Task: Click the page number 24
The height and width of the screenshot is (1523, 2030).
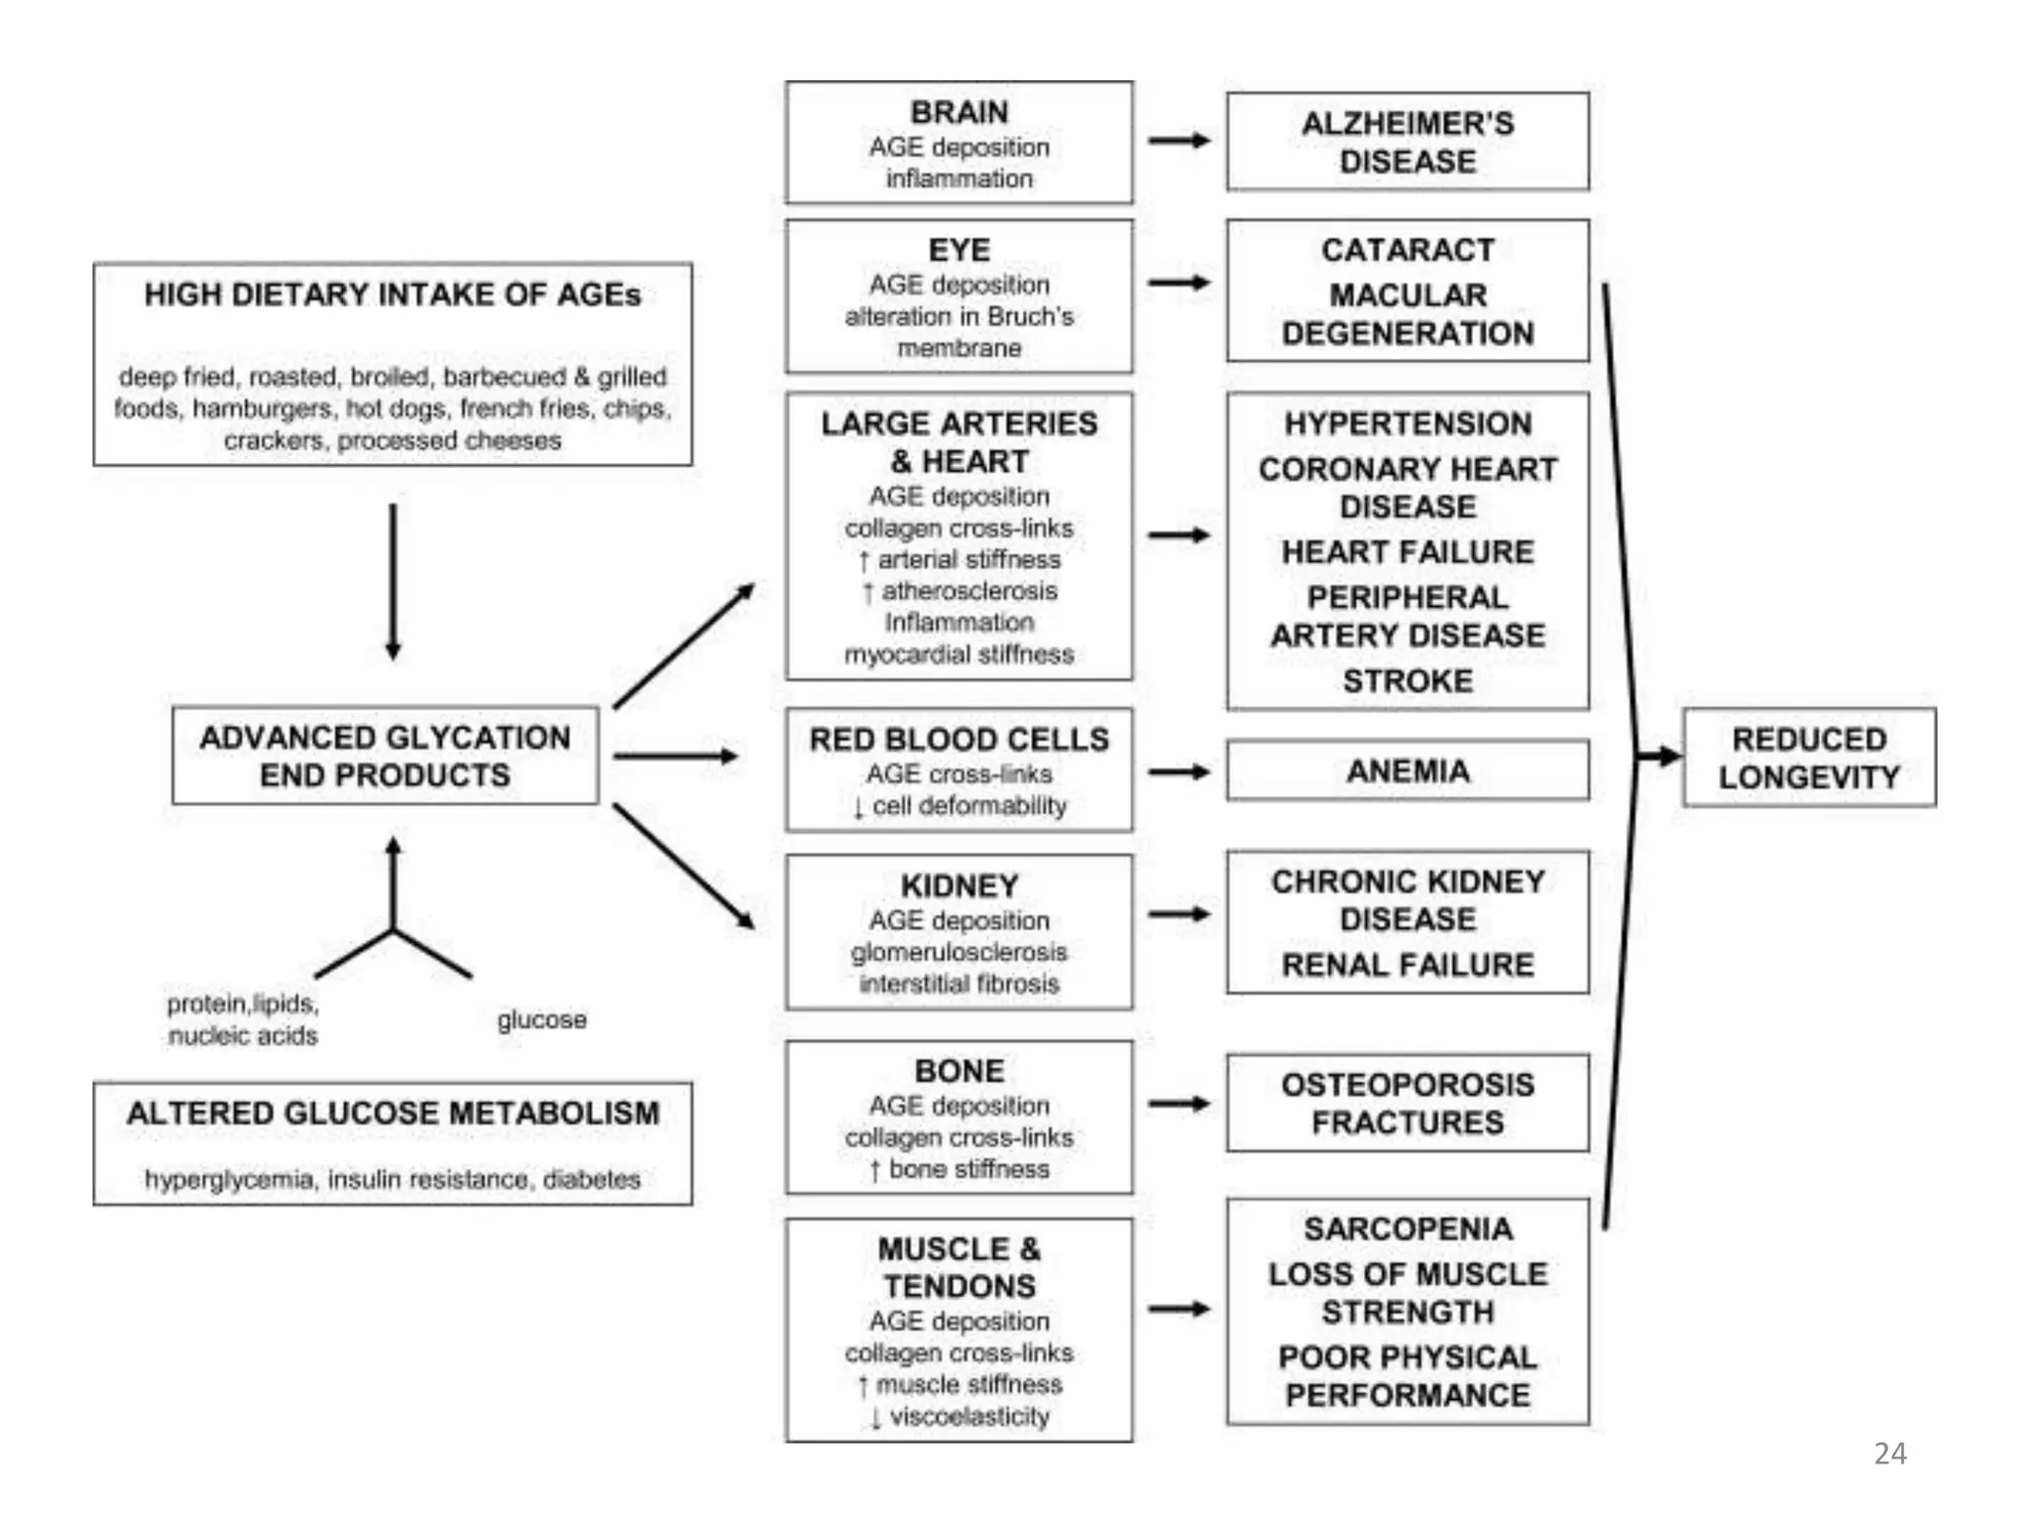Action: [x=1889, y=1453]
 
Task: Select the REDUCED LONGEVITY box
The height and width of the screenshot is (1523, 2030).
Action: [x=1808, y=758]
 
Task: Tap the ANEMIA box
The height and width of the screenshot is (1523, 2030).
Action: [x=1407, y=770]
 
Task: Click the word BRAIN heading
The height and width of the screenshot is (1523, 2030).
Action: [x=959, y=112]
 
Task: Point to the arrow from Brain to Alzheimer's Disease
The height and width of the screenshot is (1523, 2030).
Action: [x=1179, y=141]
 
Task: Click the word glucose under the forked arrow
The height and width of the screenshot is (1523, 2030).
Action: [x=541, y=1019]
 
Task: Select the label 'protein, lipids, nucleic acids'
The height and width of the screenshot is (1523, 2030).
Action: [x=243, y=1019]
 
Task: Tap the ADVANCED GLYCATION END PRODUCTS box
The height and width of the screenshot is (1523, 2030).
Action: [x=385, y=756]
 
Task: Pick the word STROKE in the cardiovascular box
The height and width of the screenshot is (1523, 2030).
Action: [x=1407, y=681]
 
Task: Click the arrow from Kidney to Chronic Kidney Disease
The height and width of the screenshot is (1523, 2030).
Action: [x=1179, y=913]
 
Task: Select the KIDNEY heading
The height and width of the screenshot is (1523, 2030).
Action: [x=959, y=884]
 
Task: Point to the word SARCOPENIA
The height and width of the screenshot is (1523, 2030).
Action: [x=1407, y=1229]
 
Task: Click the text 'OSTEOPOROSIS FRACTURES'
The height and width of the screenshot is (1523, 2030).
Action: [x=1407, y=1103]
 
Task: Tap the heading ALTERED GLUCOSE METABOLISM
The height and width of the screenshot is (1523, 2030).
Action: [x=393, y=1113]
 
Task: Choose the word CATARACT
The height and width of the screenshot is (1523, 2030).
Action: [x=1407, y=250]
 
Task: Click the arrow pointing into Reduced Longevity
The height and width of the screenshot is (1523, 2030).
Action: [x=1657, y=757]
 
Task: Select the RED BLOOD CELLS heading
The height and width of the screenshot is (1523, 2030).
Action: [x=959, y=739]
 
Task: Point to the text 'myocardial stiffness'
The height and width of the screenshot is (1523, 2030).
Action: [x=959, y=654]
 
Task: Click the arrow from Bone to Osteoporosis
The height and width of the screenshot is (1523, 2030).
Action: [x=1179, y=1103]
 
